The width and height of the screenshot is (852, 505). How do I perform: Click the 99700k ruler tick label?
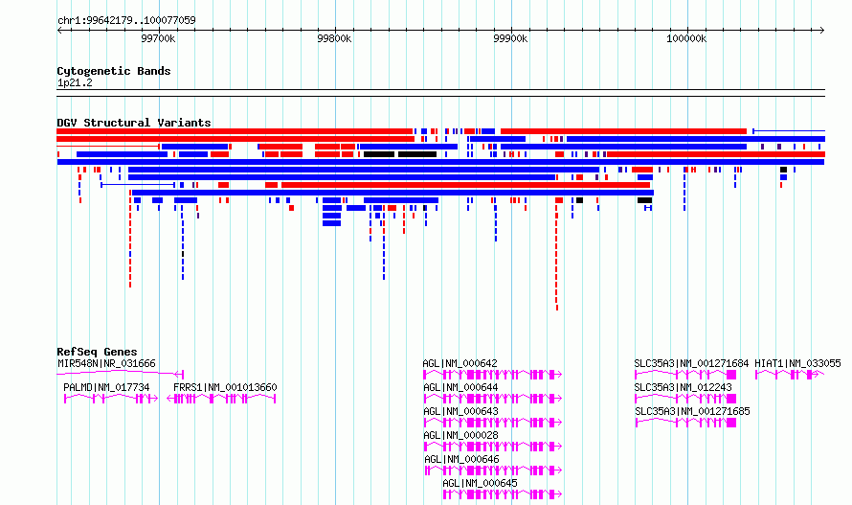pyautogui.click(x=158, y=38)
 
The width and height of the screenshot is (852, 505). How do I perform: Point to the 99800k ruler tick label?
pyautogui.click(x=334, y=38)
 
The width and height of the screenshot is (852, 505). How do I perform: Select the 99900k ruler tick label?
pyautogui.click(x=510, y=38)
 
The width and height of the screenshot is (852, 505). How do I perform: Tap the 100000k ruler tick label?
pyautogui.click(x=686, y=38)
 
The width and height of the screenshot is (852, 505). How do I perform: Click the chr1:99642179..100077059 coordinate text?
pyautogui.click(x=126, y=21)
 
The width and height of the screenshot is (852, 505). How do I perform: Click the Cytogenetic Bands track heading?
pyautogui.click(x=114, y=71)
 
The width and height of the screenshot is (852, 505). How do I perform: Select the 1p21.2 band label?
pyautogui.click(x=75, y=83)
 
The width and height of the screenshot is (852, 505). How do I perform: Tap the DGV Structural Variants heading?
pyautogui.click(x=134, y=123)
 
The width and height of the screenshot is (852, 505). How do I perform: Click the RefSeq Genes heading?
pyautogui.click(x=97, y=352)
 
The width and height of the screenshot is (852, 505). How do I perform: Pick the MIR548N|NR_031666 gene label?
pyautogui.click(x=106, y=363)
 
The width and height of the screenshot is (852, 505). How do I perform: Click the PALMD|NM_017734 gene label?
pyautogui.click(x=106, y=387)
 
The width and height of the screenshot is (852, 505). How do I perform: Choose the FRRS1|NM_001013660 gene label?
pyautogui.click(x=225, y=387)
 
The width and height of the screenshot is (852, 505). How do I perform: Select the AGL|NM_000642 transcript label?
pyautogui.click(x=460, y=363)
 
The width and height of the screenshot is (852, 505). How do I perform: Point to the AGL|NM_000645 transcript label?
pyautogui.click(x=480, y=483)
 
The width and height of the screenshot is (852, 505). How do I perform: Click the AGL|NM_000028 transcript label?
pyautogui.click(x=460, y=435)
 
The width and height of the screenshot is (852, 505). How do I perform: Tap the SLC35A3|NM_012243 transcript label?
pyautogui.click(x=683, y=387)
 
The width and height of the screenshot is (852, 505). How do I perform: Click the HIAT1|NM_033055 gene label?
pyautogui.click(x=797, y=363)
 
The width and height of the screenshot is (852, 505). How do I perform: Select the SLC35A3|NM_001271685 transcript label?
pyautogui.click(x=692, y=411)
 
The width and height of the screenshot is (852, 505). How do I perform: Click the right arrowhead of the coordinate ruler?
pyautogui.click(x=823, y=30)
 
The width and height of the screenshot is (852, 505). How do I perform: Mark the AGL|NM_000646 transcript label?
pyautogui.click(x=461, y=459)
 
